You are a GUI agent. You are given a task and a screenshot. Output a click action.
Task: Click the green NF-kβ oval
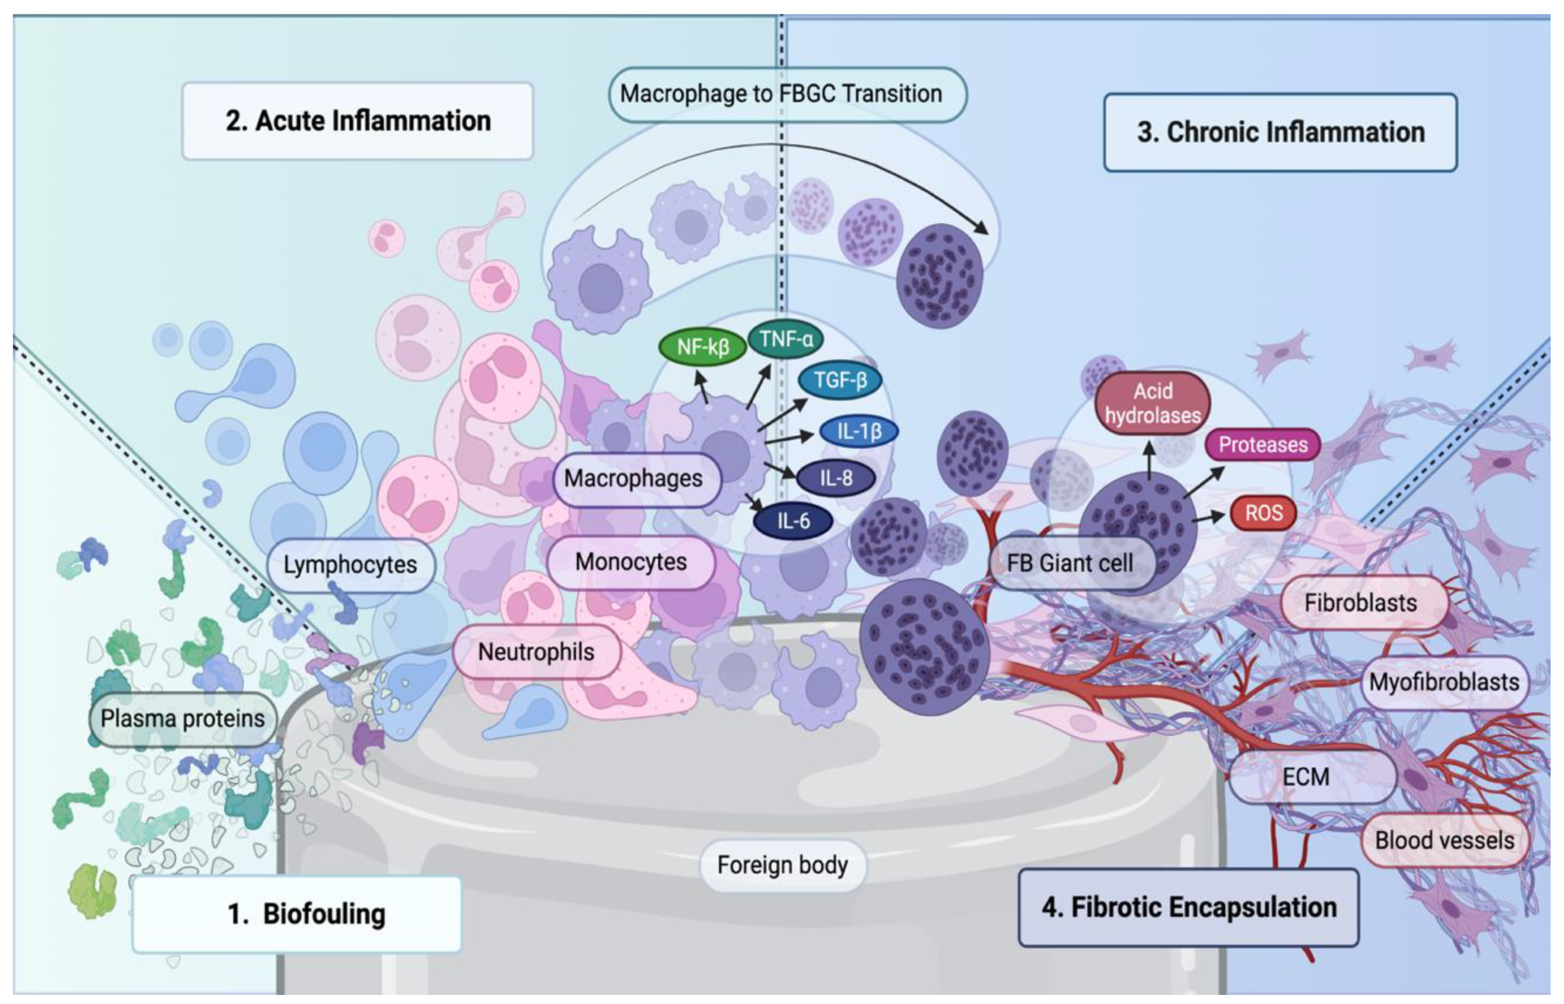(x=702, y=347)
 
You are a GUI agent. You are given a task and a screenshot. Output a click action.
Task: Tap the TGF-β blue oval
(x=839, y=380)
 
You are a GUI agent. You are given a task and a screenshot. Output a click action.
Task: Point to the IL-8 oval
(x=835, y=478)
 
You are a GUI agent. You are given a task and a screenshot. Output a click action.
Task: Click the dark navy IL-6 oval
(x=793, y=521)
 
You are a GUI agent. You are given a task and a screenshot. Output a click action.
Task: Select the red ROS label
(x=1263, y=513)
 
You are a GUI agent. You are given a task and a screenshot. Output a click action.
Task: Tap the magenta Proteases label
(x=1262, y=445)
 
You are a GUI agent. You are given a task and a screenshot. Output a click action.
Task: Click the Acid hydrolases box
(x=1152, y=403)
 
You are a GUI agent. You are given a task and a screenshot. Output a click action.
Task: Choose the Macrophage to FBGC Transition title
(x=781, y=94)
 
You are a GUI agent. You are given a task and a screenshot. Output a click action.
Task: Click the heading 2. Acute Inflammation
(x=358, y=121)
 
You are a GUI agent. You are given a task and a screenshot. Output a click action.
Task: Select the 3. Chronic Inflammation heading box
(x=1280, y=132)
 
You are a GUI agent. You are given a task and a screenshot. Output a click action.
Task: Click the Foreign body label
(x=782, y=865)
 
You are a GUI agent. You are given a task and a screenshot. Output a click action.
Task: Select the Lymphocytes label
(x=350, y=565)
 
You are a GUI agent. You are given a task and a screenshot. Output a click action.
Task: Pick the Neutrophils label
(x=536, y=652)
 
